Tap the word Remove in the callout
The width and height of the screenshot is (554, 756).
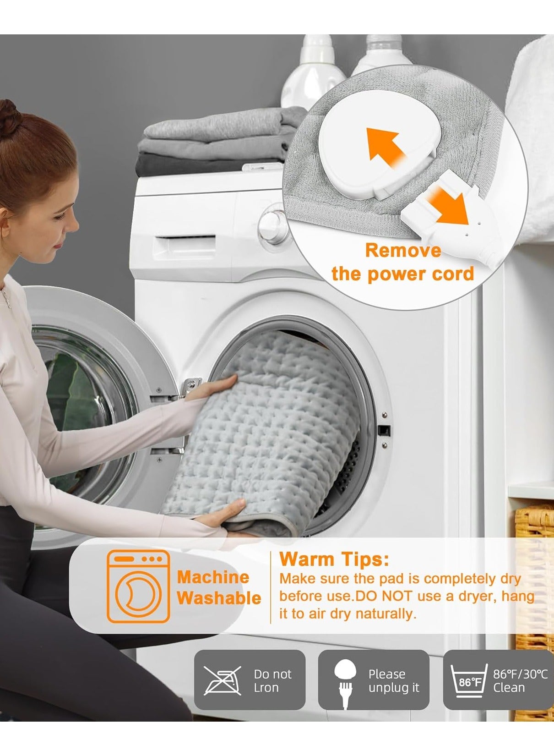(403, 251)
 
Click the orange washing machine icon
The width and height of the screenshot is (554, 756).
(138, 586)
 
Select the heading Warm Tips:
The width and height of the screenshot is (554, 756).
(334, 559)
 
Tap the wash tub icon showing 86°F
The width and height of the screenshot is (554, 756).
(469, 680)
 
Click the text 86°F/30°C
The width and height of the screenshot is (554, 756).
(520, 674)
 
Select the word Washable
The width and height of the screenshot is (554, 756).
(219, 598)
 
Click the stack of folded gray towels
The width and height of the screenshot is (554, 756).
(221, 141)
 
